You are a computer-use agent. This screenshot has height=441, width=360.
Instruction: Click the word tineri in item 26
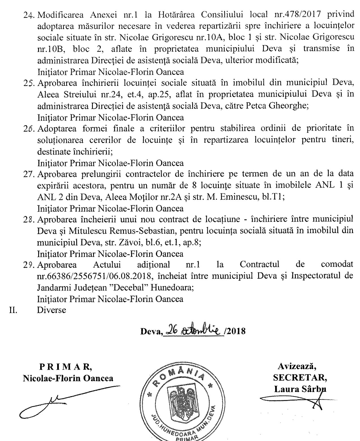[341, 140]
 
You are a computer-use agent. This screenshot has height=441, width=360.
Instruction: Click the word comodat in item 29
[337, 265]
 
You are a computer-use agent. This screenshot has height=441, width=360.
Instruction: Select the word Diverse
[52, 310]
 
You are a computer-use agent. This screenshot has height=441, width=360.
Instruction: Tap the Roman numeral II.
[13, 310]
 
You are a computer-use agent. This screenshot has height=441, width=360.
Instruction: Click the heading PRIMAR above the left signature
[65, 367]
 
